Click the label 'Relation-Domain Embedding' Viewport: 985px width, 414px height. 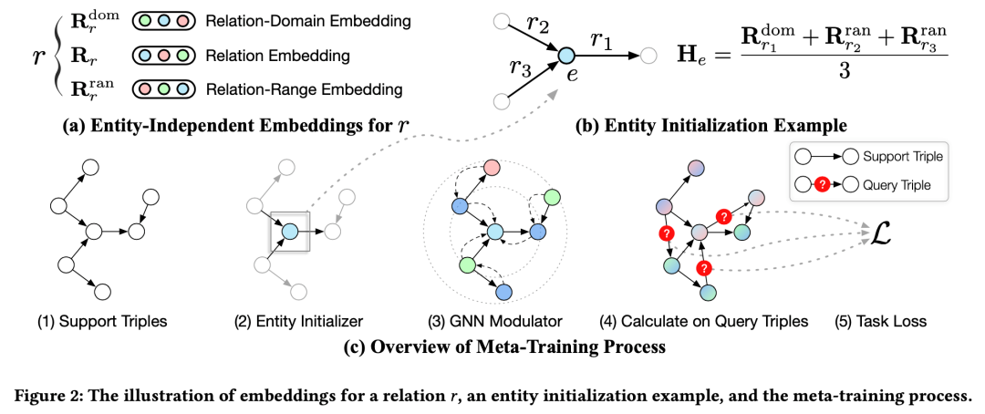(x=308, y=23)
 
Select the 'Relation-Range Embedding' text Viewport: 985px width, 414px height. (x=304, y=90)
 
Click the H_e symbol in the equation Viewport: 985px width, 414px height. (x=694, y=51)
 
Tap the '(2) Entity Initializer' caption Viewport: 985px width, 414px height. (x=297, y=322)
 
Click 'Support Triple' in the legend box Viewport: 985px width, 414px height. (x=903, y=156)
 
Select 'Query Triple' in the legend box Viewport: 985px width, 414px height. (x=897, y=185)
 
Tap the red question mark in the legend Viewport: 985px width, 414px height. (x=823, y=186)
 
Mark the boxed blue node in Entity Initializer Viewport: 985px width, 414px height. (x=290, y=232)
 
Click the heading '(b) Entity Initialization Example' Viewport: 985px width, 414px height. (x=711, y=126)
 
